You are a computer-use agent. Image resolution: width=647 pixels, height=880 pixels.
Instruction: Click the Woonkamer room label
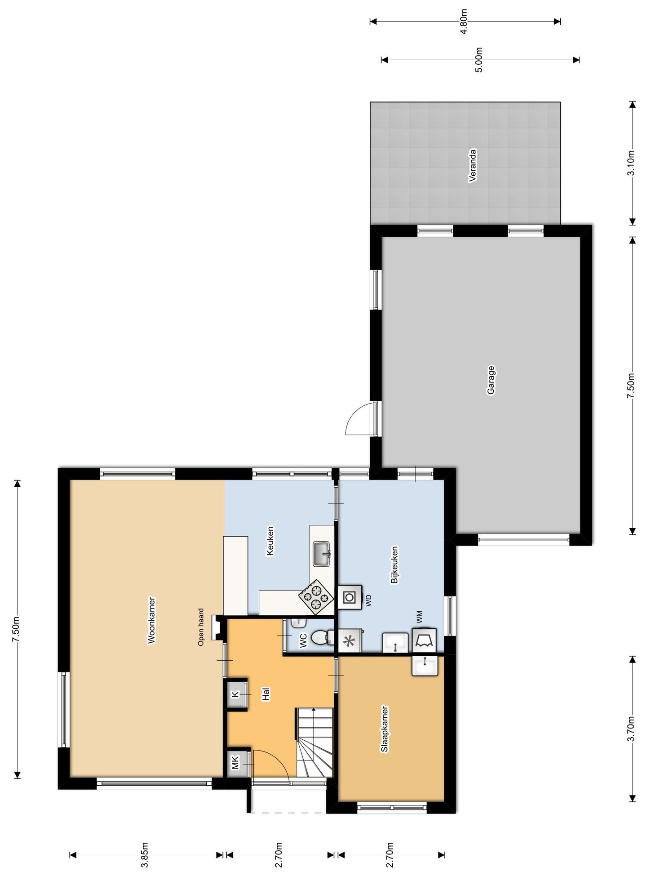(x=151, y=620)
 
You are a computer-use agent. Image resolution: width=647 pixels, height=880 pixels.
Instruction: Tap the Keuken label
(x=270, y=541)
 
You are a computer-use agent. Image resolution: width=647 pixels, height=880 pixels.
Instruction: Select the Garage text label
(x=491, y=380)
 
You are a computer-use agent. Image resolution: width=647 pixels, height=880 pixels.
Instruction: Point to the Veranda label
(x=472, y=165)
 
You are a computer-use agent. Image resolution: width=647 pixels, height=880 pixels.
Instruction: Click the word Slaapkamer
(x=385, y=729)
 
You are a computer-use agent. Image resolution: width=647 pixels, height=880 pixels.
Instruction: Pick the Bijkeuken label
(x=394, y=564)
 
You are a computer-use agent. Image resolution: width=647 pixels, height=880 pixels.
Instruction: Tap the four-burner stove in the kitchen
(x=316, y=597)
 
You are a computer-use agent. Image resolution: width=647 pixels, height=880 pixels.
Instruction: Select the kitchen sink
(x=322, y=554)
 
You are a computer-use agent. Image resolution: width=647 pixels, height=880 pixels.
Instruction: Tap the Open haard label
(x=201, y=627)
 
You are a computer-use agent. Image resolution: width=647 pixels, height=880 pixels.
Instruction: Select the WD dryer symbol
(x=349, y=597)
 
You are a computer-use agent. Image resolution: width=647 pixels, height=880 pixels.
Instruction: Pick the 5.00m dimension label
(x=479, y=60)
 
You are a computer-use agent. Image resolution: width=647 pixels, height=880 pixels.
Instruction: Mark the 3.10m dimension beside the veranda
(x=631, y=164)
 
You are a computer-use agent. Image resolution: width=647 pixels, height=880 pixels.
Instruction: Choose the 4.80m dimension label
(x=464, y=21)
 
